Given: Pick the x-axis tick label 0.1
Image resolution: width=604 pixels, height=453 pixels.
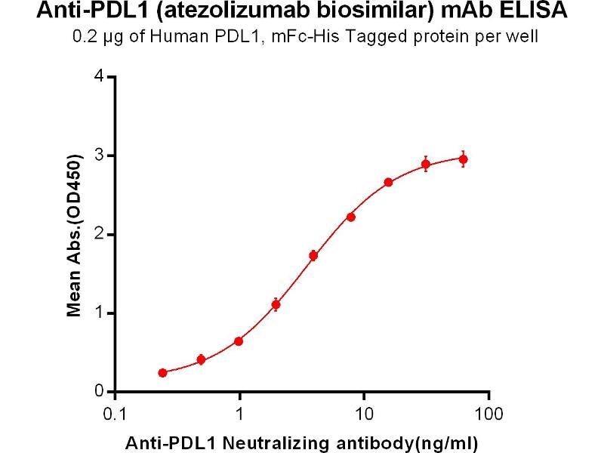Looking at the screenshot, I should (114, 414).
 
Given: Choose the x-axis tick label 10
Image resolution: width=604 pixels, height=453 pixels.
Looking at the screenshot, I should (364, 414).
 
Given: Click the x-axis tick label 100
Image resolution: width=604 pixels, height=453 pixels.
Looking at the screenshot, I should (489, 414).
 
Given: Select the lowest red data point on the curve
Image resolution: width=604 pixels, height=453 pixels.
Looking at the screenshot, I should (163, 373).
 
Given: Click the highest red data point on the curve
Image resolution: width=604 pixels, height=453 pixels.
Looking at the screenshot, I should (464, 159).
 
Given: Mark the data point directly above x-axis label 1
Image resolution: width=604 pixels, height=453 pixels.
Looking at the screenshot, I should (239, 341).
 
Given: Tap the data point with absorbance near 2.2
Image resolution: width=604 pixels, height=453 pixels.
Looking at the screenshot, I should (351, 217).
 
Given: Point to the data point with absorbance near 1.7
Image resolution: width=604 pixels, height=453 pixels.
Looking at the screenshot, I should (313, 255).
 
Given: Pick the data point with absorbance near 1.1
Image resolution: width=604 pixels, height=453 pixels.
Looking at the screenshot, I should (276, 305).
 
